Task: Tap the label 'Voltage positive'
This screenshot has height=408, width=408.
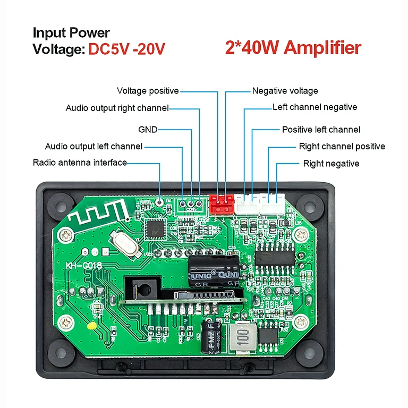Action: click(x=148, y=91)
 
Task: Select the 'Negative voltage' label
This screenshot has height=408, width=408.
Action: click(x=285, y=91)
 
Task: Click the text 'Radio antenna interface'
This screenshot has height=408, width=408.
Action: click(x=80, y=163)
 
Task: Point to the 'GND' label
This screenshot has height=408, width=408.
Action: click(x=148, y=129)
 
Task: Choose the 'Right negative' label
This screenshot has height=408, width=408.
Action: click(x=331, y=164)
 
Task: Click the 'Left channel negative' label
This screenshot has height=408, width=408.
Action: click(x=314, y=107)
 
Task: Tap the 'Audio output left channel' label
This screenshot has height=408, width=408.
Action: click(x=93, y=146)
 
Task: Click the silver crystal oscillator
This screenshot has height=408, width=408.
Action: click(x=124, y=245)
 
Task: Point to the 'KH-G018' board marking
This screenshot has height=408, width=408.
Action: click(x=84, y=266)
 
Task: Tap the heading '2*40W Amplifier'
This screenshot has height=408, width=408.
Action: click(x=293, y=48)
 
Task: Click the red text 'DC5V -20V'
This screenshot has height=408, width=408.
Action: click(x=126, y=49)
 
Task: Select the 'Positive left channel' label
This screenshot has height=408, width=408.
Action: click(x=321, y=130)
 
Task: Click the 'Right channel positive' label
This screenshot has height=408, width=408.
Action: click(x=342, y=147)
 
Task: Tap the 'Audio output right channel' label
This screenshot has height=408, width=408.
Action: click(x=117, y=108)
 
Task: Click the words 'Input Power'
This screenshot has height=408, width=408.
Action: click(x=71, y=32)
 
